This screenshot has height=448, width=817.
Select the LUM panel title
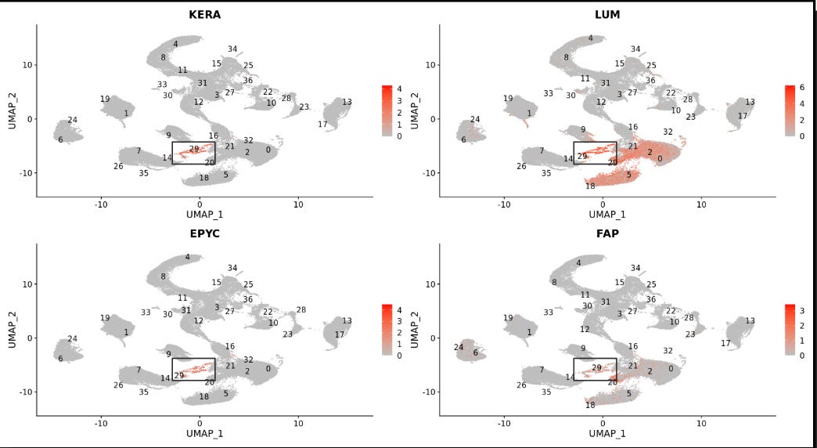click(x=603, y=14)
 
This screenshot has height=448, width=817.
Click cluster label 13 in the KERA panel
click(x=347, y=102)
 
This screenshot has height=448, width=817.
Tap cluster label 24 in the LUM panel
click(x=474, y=120)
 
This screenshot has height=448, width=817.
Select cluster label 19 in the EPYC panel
click(x=105, y=318)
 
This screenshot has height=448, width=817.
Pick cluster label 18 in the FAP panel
click(x=590, y=405)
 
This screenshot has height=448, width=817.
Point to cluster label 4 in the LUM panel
click(x=590, y=38)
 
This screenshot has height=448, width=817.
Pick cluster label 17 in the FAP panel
click(x=726, y=343)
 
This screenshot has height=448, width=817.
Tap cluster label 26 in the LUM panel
click(x=521, y=166)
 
